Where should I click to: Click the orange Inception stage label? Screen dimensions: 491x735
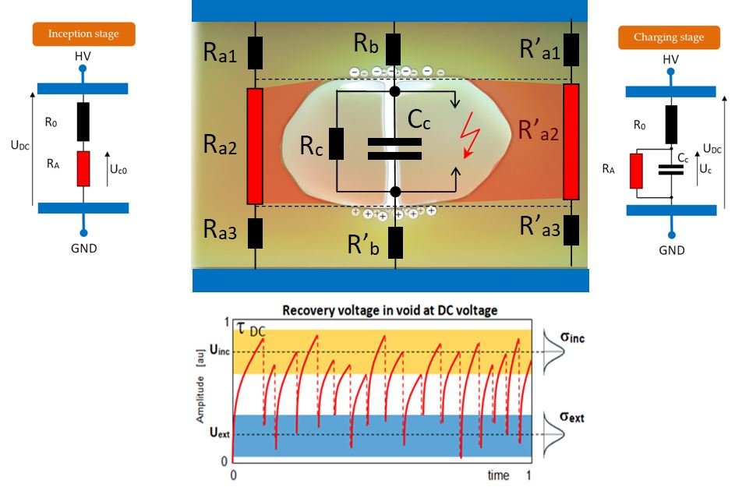[x=84, y=34]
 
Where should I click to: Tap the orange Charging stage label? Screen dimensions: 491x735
[x=669, y=37]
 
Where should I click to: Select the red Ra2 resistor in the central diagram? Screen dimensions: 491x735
[x=255, y=146]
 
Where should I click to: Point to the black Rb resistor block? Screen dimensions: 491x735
[x=394, y=50]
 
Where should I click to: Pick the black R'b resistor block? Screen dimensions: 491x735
[x=396, y=242]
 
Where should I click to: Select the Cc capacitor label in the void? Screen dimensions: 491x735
[x=425, y=118]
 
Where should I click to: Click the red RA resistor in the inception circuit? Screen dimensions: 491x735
[x=83, y=168]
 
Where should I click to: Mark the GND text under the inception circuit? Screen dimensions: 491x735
[x=83, y=249]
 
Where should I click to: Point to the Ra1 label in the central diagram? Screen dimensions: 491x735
[x=221, y=54]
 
